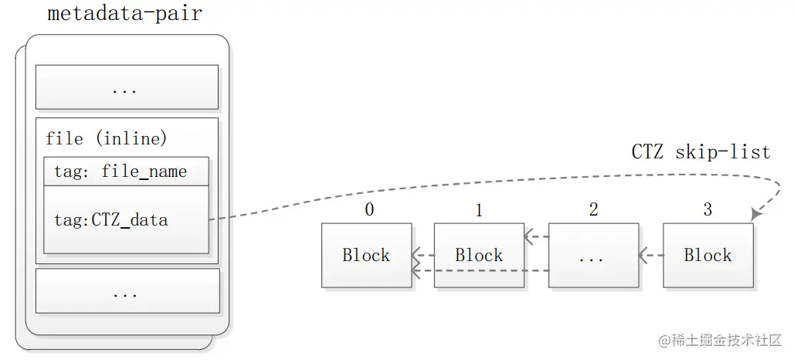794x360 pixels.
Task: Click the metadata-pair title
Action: [x=124, y=15]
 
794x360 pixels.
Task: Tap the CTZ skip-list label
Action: [x=701, y=151]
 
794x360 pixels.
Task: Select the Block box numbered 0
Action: [x=366, y=256]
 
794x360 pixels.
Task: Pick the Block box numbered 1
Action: [x=479, y=256]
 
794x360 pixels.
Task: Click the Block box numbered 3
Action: [x=707, y=256]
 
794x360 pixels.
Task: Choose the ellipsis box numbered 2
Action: [x=593, y=256]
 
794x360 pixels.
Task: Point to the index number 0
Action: [x=368, y=210]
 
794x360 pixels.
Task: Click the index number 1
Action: [x=479, y=210]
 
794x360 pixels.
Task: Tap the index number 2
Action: [x=593, y=210]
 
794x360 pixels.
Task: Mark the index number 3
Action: [x=707, y=210]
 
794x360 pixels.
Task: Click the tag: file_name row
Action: [x=126, y=172]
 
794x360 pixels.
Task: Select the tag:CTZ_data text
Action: [x=110, y=219]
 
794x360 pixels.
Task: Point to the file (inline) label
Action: [x=106, y=139]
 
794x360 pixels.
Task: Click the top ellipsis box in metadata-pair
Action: [x=127, y=87]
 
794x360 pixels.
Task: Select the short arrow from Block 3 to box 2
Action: [x=650, y=254]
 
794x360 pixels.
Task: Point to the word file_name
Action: [x=144, y=172]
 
